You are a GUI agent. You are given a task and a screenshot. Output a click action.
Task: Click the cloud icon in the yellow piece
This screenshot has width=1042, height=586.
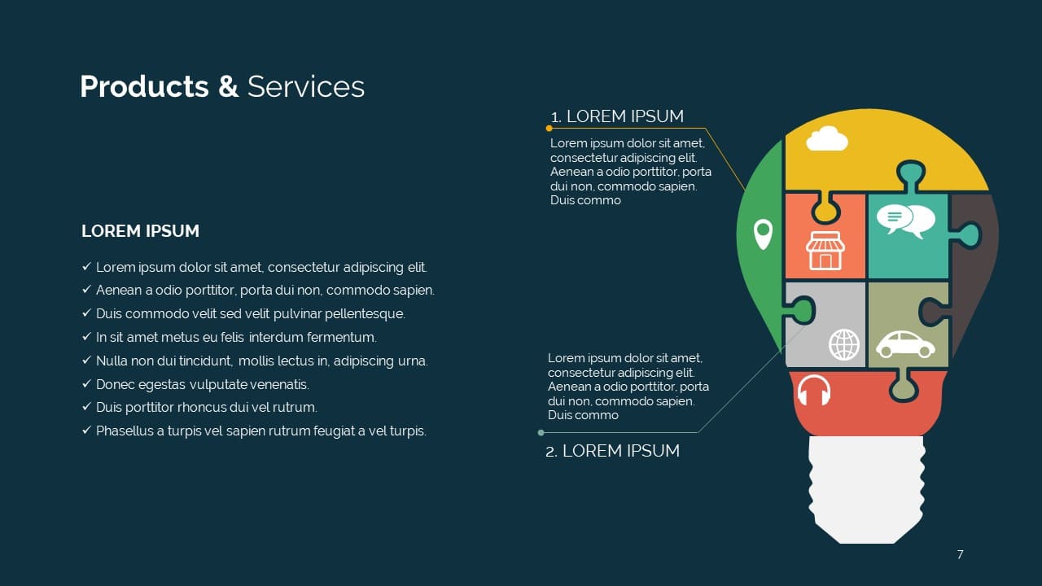826,138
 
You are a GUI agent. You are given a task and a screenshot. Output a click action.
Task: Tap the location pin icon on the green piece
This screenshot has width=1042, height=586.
763,234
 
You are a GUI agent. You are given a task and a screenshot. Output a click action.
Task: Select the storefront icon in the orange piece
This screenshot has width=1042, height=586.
825,250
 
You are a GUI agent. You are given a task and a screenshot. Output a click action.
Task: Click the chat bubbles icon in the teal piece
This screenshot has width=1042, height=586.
906,221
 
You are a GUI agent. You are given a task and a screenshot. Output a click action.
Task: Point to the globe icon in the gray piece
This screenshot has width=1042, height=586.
844,344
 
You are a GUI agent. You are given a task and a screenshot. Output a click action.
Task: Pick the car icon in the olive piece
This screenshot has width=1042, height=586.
905,344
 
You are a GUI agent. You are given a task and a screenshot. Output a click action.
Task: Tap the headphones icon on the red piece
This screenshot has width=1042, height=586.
813,390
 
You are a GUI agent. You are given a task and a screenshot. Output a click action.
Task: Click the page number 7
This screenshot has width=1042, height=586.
960,554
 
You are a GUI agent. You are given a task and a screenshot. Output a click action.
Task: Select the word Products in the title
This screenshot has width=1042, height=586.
144,87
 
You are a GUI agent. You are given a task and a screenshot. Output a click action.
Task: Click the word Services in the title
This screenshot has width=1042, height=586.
305,87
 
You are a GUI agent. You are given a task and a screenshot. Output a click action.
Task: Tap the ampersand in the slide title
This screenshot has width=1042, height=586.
228,87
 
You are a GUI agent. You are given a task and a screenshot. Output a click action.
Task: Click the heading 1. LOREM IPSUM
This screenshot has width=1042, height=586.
617,116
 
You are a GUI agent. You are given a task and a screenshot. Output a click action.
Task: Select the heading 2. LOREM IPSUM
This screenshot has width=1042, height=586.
612,451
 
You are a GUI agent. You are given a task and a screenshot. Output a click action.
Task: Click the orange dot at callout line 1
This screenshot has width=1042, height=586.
549,129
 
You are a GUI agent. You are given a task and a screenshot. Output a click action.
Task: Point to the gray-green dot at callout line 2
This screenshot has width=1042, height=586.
541,432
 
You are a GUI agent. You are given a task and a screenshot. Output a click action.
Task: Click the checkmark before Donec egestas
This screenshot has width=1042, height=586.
86,383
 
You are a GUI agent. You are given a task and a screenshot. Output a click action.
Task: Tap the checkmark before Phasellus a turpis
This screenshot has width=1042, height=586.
86,431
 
